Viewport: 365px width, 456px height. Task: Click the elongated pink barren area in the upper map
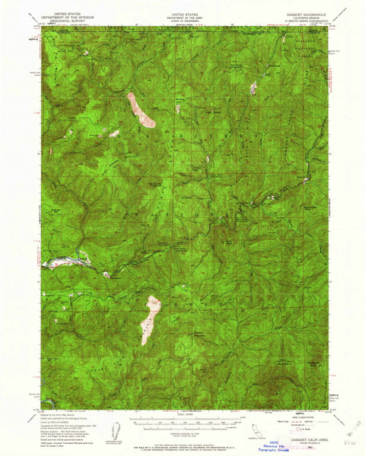[141, 109]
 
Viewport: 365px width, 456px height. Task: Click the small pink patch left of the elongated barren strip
[114, 134]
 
